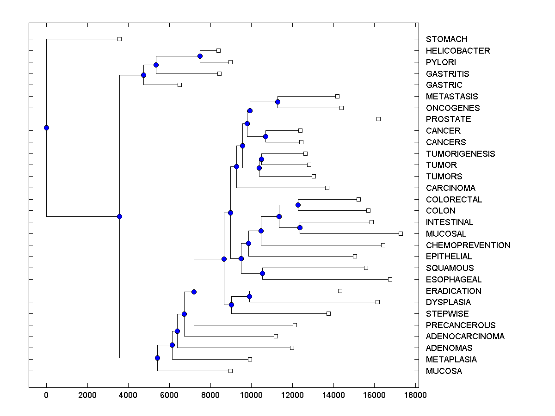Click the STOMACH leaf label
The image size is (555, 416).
[446, 39]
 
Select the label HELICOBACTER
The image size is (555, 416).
[458, 51]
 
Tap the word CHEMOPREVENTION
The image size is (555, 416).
[468, 245]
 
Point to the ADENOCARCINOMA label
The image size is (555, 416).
[465, 336]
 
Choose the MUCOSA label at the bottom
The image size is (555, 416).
[444, 371]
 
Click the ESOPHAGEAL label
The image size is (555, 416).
[453, 280]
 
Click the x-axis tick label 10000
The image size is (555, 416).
[251, 395]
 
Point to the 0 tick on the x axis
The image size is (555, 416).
[46, 395]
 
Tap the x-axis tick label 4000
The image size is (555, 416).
[128, 395]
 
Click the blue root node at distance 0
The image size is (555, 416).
[46, 128]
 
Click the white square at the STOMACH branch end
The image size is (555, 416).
[119, 39]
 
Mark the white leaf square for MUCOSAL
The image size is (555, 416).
[401, 233]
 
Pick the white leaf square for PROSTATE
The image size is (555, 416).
[378, 119]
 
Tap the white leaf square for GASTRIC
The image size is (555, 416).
[180, 85]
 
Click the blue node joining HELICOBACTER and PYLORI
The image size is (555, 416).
[200, 56]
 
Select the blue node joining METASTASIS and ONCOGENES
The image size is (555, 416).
[277, 102]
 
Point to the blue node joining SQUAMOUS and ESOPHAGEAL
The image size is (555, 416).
[262, 273]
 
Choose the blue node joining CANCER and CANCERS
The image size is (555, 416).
[265, 136]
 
